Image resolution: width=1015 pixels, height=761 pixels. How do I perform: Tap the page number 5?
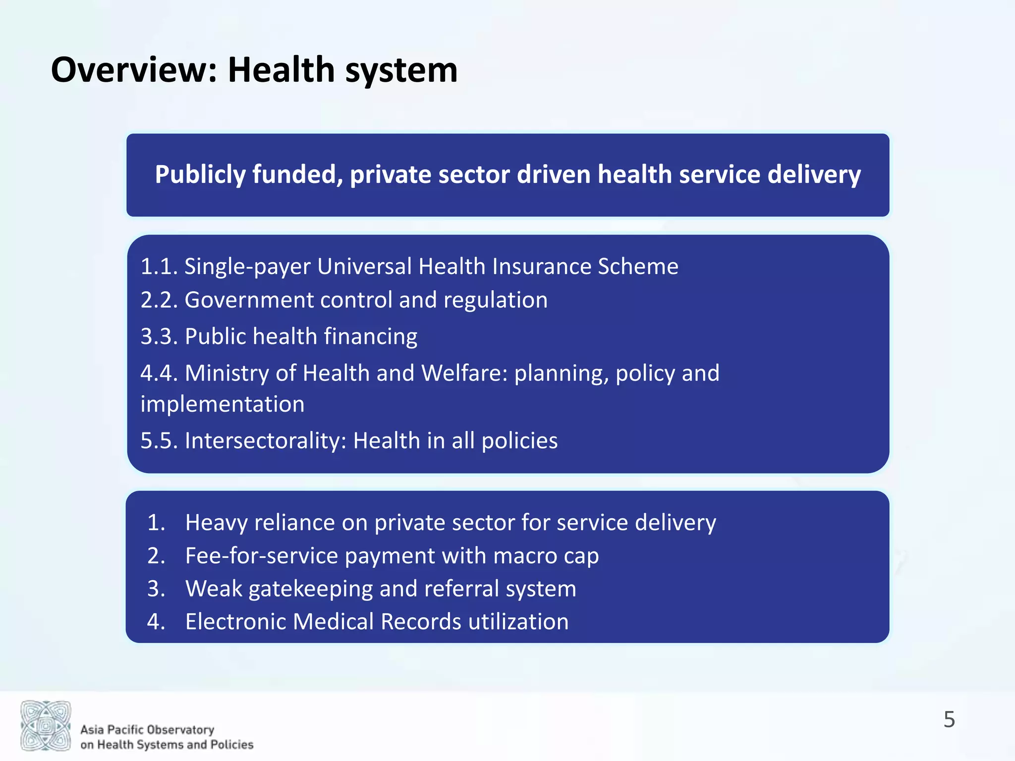949,719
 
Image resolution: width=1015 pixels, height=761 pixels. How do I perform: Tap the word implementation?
223,404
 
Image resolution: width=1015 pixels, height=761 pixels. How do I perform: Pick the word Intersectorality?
265,440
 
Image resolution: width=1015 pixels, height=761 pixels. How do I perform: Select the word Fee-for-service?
262,555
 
